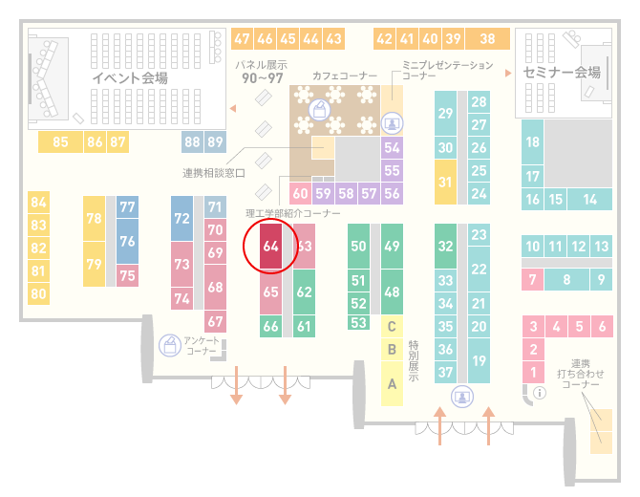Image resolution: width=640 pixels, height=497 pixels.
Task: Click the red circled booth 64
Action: pos(270,246)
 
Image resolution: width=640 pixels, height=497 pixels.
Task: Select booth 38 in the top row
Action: pos(488,39)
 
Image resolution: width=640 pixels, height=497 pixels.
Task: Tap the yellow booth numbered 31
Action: pos(445,182)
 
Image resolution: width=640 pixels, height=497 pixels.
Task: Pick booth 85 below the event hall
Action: pos(60,141)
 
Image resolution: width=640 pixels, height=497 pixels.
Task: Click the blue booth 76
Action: pos(127,241)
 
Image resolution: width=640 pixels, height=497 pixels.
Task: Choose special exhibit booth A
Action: pos(392,384)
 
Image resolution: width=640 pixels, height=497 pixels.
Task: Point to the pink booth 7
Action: pos(532,280)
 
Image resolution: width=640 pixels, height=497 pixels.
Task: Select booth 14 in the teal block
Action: pos(589,200)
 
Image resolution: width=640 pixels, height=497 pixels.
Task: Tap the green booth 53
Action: pos(358,323)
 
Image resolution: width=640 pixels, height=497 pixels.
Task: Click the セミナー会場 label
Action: pos(562,73)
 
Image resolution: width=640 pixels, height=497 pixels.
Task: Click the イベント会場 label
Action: pos(130,77)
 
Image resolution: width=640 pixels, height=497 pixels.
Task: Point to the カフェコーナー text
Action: pos(345,76)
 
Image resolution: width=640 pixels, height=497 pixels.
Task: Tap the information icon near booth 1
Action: pos(540,393)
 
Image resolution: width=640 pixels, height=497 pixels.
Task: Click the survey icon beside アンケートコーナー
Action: pos(170,345)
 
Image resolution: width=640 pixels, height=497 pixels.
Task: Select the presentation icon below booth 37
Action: pos(462,397)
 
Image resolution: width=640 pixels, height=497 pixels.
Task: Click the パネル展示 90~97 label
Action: pos(262,72)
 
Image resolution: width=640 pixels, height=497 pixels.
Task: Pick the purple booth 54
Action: pos(392,147)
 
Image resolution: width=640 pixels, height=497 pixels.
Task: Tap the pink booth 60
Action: pos(300,193)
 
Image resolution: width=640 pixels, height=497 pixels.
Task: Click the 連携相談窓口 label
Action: pos(213,173)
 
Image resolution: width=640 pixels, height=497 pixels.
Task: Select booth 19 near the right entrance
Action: pos(479,360)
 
